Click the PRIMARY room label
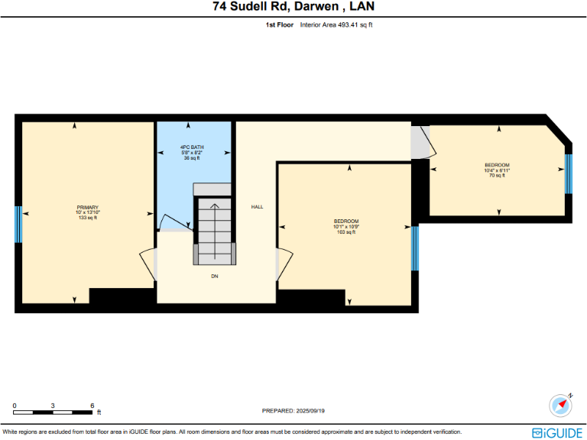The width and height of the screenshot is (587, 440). pos(87,208)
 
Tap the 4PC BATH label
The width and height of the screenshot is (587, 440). pos(191,147)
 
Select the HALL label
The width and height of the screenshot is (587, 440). pos(258,207)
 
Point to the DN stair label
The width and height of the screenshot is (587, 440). pos(215,276)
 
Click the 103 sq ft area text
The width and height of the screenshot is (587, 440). pos(346,232)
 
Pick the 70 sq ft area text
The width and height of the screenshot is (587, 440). pos(497,176)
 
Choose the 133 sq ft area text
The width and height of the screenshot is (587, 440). pos(87,218)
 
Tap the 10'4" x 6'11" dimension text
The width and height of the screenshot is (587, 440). pos(497,170)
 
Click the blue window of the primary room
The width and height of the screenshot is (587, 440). pos(18,224)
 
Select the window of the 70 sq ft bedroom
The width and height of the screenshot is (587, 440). pos(568,174)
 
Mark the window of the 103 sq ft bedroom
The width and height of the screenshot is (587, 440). pos(415,248)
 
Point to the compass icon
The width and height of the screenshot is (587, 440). pos(561,405)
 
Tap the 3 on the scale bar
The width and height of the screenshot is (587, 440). pos(53,405)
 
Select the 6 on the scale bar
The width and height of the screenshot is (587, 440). pos(92,405)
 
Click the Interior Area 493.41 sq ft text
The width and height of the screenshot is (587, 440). pos(336,24)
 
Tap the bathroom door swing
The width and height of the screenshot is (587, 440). pos(176,222)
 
